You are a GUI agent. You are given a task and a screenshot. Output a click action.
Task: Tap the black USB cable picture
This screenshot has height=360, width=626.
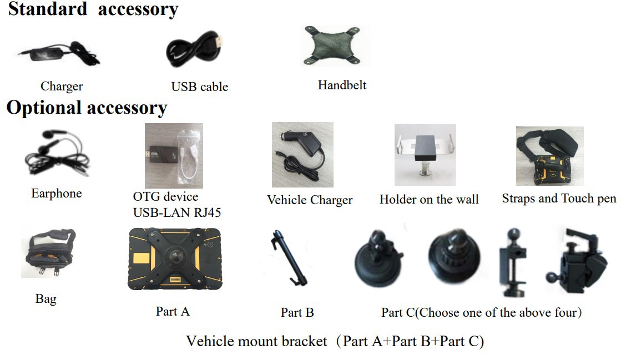pyautogui.click(x=194, y=50)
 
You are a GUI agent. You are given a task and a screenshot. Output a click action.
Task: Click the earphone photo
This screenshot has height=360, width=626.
pyautogui.click(x=57, y=153)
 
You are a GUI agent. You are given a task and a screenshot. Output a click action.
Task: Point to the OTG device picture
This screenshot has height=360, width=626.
pyautogui.click(x=174, y=156)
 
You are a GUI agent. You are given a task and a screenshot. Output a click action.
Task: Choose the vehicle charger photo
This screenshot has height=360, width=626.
pyautogui.click(x=302, y=155)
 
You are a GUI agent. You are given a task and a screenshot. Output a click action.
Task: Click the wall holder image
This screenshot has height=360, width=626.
pyautogui.click(x=425, y=155)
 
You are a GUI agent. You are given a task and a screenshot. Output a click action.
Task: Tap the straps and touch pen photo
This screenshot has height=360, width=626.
pyautogui.click(x=550, y=156)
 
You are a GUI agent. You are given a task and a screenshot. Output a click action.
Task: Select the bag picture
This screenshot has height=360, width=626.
pyautogui.click(x=48, y=253)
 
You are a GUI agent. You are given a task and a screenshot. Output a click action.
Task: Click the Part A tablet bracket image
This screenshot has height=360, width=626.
pyautogui.click(x=175, y=258)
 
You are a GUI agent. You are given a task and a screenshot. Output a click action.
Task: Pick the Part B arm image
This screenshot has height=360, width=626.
pyautogui.click(x=289, y=258)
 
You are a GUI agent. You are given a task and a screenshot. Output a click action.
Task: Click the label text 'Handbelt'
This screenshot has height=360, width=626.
pyautogui.click(x=342, y=85)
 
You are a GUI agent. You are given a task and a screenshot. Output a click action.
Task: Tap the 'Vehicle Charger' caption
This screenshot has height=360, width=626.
pyautogui.click(x=310, y=200)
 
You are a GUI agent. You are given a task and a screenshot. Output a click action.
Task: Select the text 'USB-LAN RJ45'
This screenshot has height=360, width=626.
pyautogui.click(x=177, y=212)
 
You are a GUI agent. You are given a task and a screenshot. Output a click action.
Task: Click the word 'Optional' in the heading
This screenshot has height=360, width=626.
pyautogui.click(x=44, y=108)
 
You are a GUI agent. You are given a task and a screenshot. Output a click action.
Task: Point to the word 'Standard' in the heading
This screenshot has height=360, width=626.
pyautogui.click(x=48, y=9)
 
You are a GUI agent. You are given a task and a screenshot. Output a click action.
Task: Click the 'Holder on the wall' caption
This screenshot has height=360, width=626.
pyautogui.click(x=429, y=199)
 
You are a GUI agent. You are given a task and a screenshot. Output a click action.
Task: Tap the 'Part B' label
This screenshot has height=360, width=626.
pyautogui.click(x=297, y=312)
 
